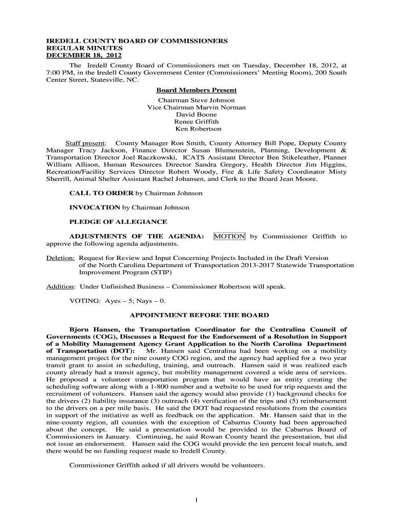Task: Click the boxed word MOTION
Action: (x=229, y=237)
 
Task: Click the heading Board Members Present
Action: (x=196, y=90)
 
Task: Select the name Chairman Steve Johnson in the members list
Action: (x=196, y=100)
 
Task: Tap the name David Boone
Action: (x=196, y=115)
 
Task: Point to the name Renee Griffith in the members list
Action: (x=196, y=122)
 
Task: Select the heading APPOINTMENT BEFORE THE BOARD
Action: (x=199, y=315)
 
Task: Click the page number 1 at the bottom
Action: (x=196, y=500)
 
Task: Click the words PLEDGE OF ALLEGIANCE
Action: (x=118, y=222)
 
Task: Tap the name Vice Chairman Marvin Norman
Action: (x=196, y=108)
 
